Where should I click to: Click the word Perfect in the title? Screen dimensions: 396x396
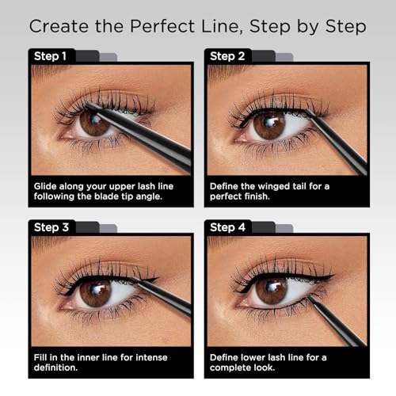pyautogui.click(x=162, y=26)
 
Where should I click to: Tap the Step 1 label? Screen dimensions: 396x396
pyautogui.click(x=50, y=56)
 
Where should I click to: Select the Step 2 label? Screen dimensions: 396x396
pyautogui.click(x=227, y=56)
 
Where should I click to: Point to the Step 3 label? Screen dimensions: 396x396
pyautogui.click(x=51, y=227)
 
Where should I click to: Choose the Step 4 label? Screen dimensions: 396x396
pyautogui.click(x=227, y=227)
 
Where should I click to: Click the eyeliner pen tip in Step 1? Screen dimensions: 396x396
pyautogui.click(x=87, y=105)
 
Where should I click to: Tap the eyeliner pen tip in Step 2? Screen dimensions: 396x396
pyautogui.click(x=306, y=111)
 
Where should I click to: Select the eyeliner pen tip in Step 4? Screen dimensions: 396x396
pyautogui.click(x=309, y=297)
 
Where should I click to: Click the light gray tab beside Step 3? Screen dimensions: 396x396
pyautogui.click(x=109, y=229)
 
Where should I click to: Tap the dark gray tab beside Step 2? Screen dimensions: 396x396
pyautogui.click(x=264, y=56)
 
